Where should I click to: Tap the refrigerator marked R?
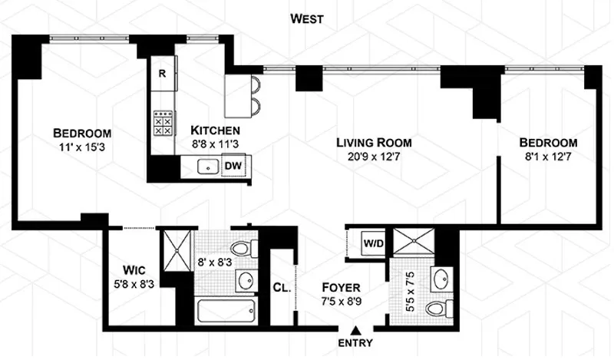pyautogui.click(x=163, y=74)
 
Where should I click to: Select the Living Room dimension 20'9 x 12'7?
pyautogui.click(x=375, y=157)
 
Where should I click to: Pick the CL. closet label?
pyautogui.click(x=281, y=289)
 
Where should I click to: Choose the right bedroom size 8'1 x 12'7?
pyautogui.click(x=548, y=157)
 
